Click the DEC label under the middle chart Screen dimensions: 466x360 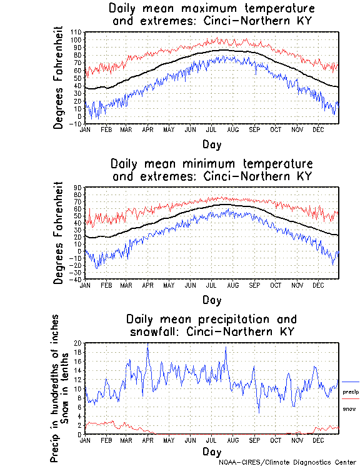pyautogui.click(x=317, y=285)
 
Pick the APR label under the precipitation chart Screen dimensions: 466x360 pyautogui.click(x=147, y=440)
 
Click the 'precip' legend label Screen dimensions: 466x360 pyautogui.click(x=351, y=392)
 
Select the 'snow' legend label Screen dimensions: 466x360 pyautogui.click(x=349, y=408)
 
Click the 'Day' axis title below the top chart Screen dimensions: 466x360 pyautogui.click(x=211, y=144)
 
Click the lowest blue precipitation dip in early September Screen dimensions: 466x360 pyautogui.click(x=259, y=412)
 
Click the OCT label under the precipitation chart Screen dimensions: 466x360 pyautogui.click(x=275, y=440)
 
